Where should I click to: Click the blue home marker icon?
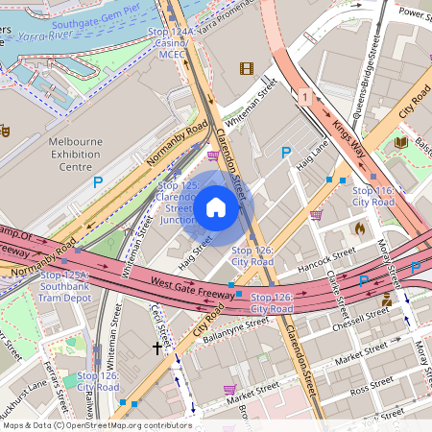click(216, 207)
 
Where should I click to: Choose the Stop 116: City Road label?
click(373, 197)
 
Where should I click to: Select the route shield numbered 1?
click(303, 98)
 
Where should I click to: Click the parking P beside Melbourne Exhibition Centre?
click(97, 180)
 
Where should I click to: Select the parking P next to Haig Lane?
click(285, 152)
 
